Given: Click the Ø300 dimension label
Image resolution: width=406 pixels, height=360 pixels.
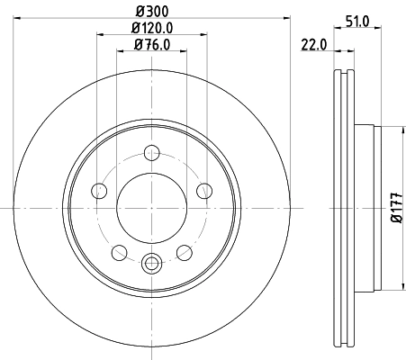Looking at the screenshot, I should [151, 12].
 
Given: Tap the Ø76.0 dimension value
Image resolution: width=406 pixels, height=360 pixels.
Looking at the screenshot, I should [151, 44].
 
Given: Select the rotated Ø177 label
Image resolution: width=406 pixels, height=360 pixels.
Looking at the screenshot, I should [395, 208].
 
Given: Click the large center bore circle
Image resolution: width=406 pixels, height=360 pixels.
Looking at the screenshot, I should [151, 206].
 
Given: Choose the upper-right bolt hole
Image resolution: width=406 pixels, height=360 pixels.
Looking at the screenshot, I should [204, 189].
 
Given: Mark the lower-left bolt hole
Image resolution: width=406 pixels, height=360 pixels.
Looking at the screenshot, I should [119, 251].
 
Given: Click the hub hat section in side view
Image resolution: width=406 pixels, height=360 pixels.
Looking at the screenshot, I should [369, 206].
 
